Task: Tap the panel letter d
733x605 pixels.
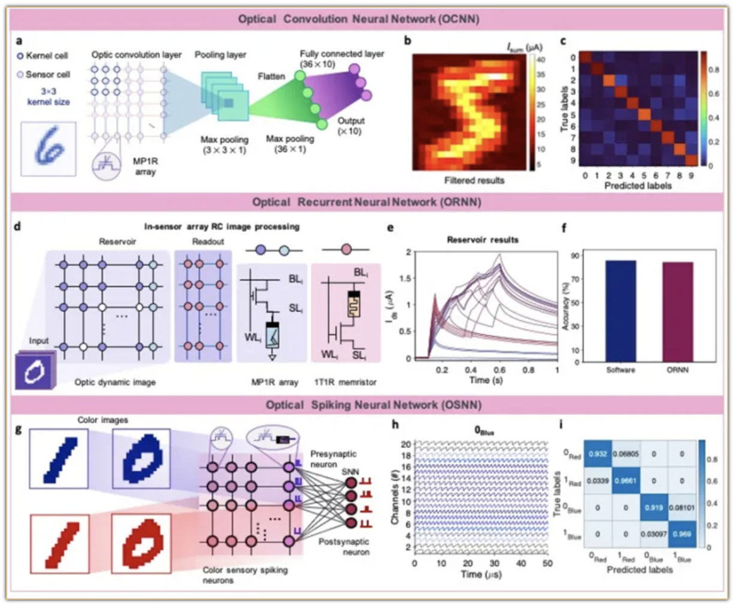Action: [x=18, y=227]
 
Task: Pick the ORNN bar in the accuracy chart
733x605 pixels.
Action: [x=678, y=311]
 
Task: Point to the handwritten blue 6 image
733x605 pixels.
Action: [x=48, y=148]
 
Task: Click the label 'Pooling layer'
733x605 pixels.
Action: [x=220, y=55]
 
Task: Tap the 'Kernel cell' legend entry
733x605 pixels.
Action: [x=43, y=56]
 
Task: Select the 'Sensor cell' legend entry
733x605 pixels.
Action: [x=44, y=74]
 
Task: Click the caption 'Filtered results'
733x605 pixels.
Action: [x=473, y=180]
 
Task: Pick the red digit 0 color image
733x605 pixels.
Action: [x=141, y=543]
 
